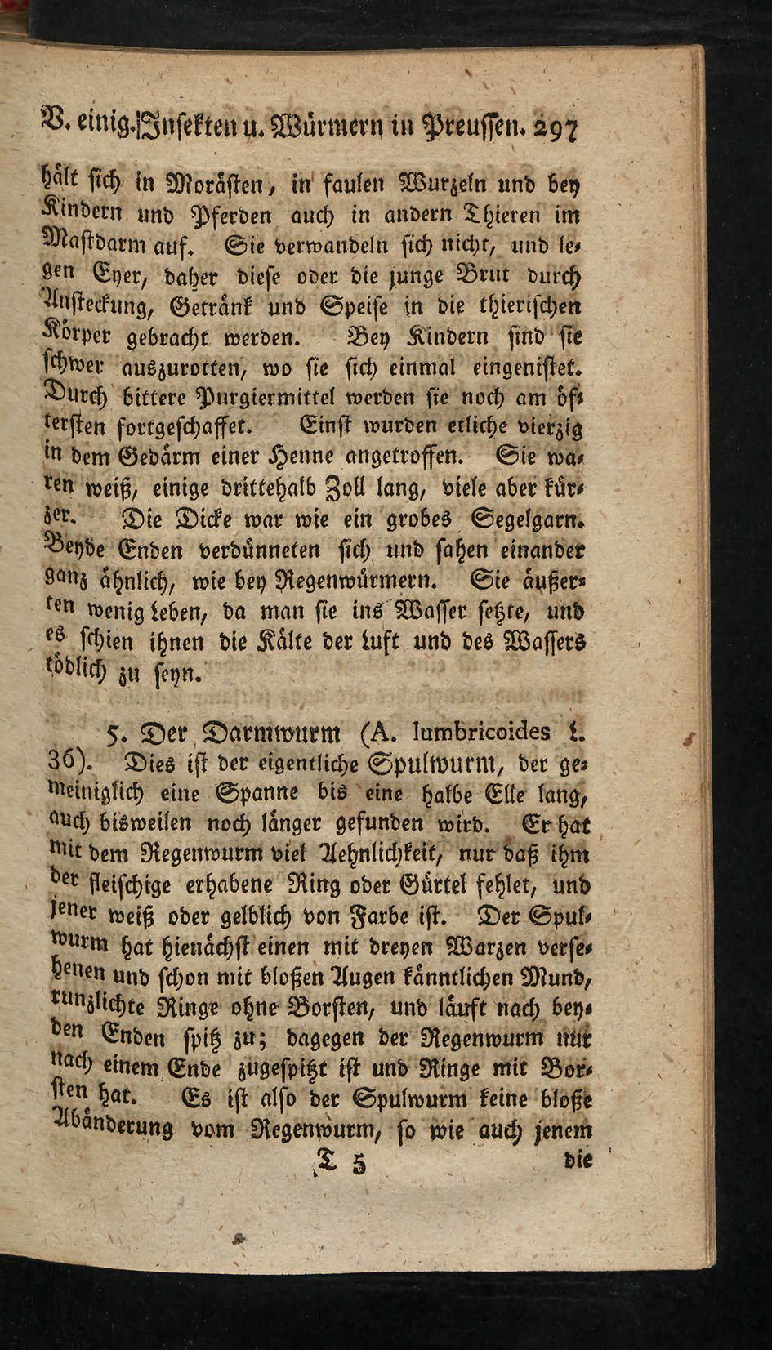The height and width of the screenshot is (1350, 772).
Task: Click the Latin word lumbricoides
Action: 482,728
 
